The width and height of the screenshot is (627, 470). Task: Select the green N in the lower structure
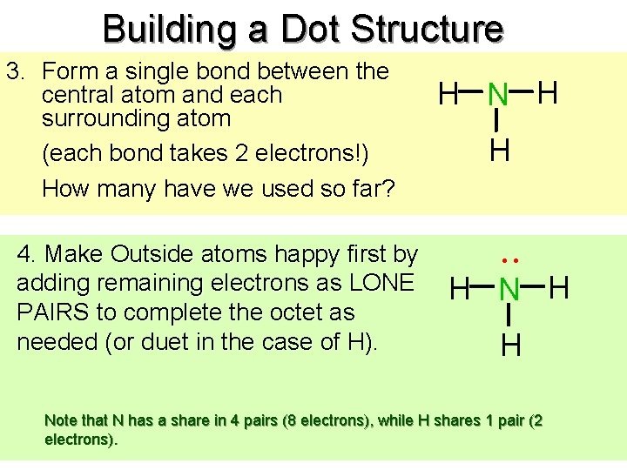click(510, 289)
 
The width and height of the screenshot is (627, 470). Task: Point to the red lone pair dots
click(510, 259)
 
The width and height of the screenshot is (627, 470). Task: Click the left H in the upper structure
click(449, 93)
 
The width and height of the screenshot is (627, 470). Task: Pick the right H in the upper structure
click(549, 91)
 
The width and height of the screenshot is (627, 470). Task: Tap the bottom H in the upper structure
click(499, 151)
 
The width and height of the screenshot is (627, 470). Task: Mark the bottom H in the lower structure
click(511, 346)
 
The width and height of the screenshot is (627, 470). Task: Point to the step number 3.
click(12, 71)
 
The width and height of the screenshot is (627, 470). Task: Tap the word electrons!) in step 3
click(313, 154)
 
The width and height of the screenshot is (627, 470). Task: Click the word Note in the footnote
click(60, 421)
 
